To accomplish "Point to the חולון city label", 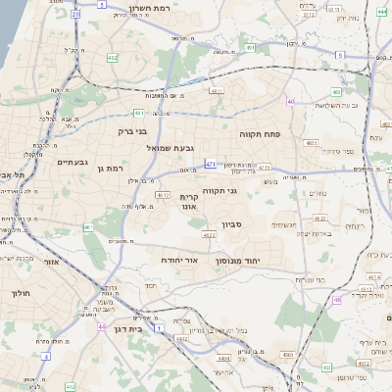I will click(22, 294).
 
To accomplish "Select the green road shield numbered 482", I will click(113, 58).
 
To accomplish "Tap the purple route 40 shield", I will click(291, 102).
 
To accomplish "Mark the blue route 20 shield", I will click(75, 15).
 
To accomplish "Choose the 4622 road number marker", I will click(210, 235).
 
